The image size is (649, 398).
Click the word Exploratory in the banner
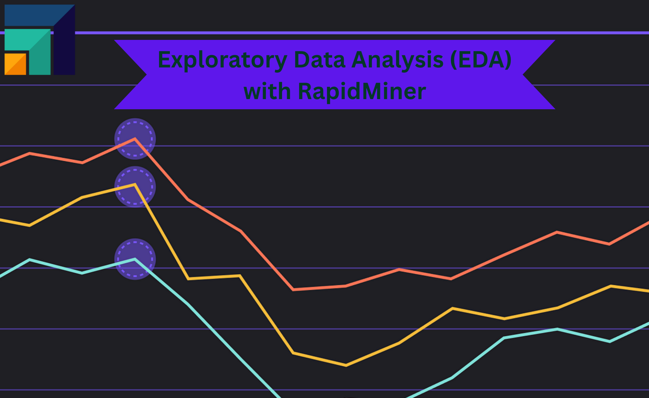coord(222,60)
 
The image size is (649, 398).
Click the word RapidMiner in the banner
coord(362,92)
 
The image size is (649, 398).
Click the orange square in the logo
coord(15,64)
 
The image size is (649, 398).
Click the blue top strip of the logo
coord(32,15)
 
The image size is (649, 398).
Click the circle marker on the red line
coord(135,139)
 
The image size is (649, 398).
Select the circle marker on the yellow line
coord(135,187)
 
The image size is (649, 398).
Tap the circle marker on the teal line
coord(135,259)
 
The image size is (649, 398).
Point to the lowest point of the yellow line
coord(346,365)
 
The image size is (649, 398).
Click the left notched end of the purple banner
coord(130,75)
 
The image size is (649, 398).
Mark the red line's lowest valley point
coord(294,289)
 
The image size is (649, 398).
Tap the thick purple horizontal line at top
coord(317,33)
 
